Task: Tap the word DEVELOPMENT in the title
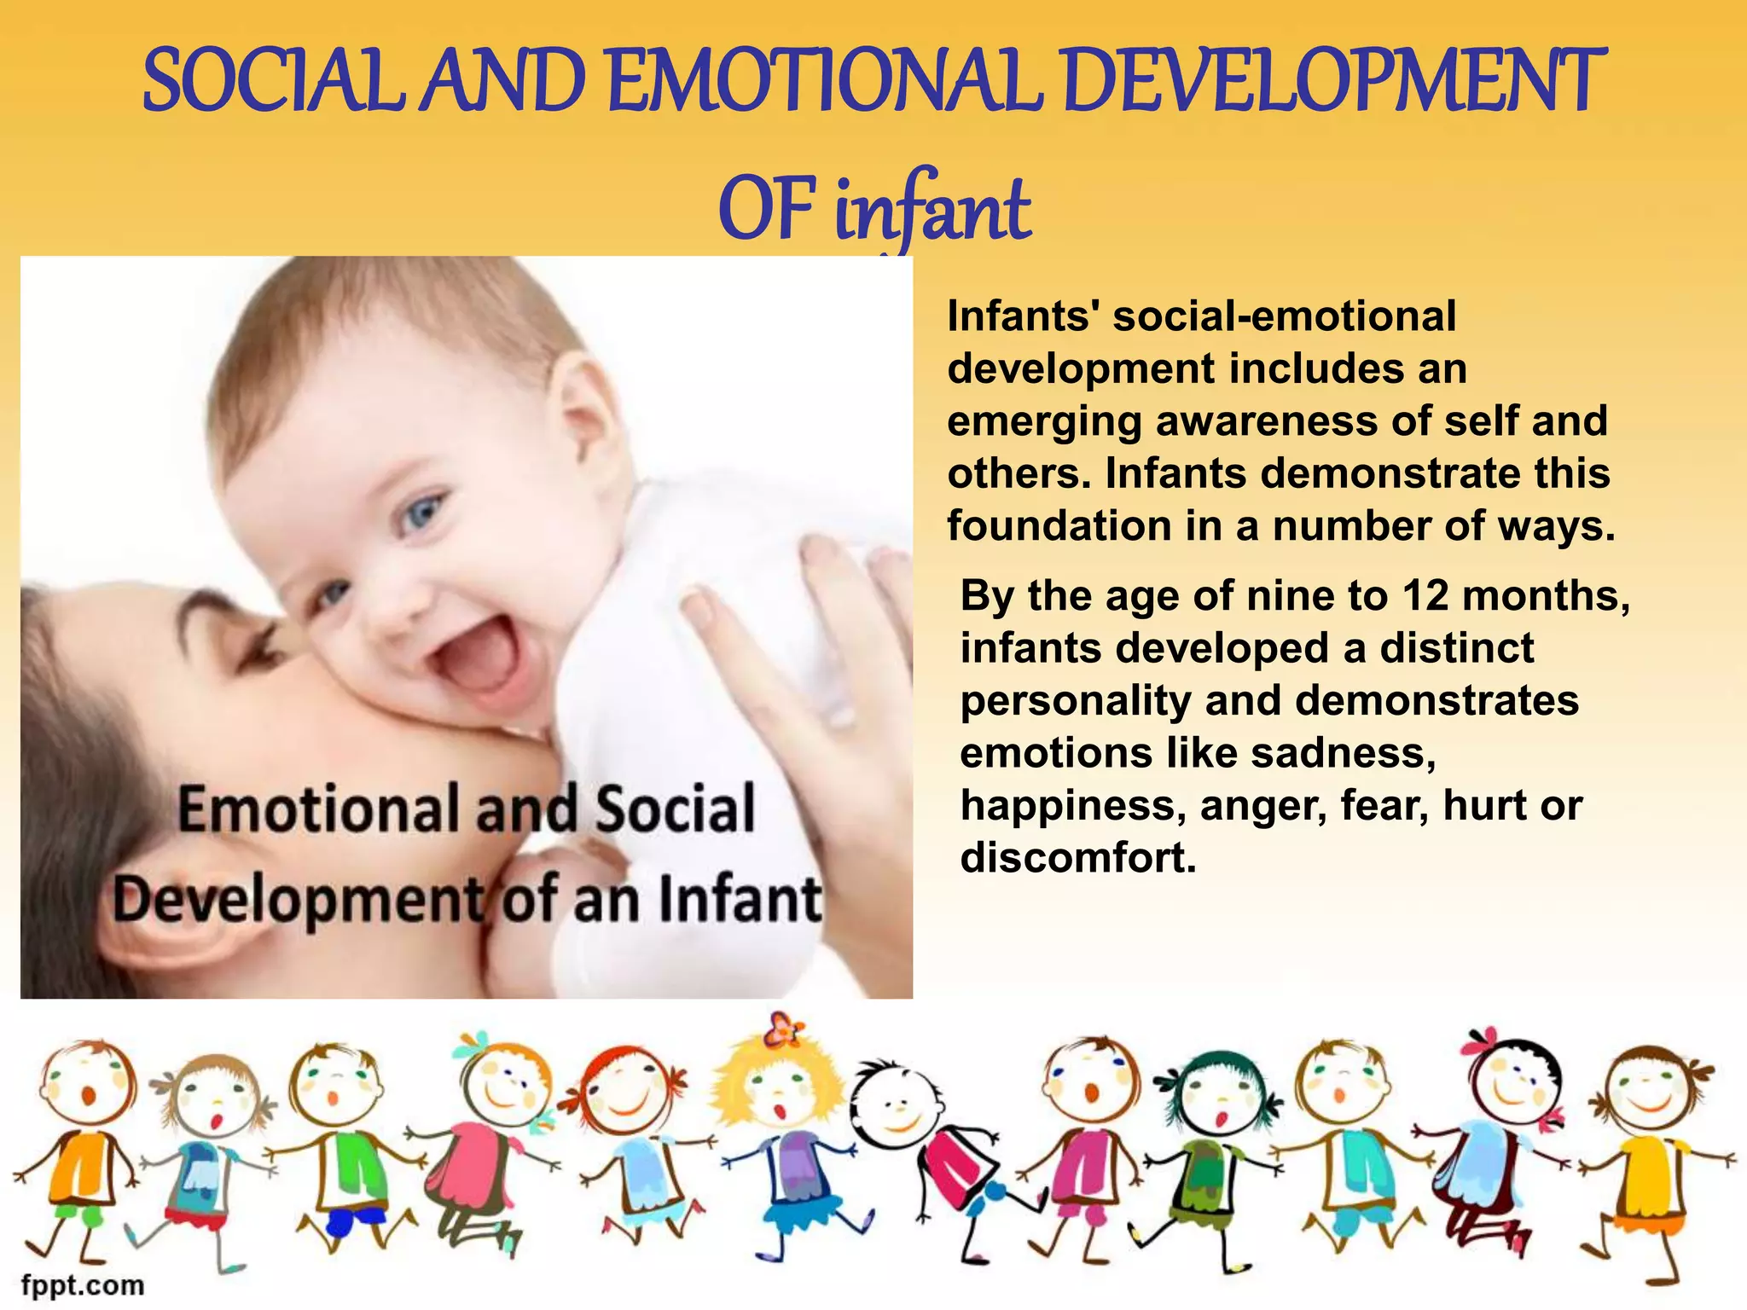1335,82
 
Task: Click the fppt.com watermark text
83,1284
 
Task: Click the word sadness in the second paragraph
1343,753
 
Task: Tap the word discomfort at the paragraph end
1078,858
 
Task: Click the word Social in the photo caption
675,809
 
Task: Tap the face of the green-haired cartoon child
1216,1096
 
